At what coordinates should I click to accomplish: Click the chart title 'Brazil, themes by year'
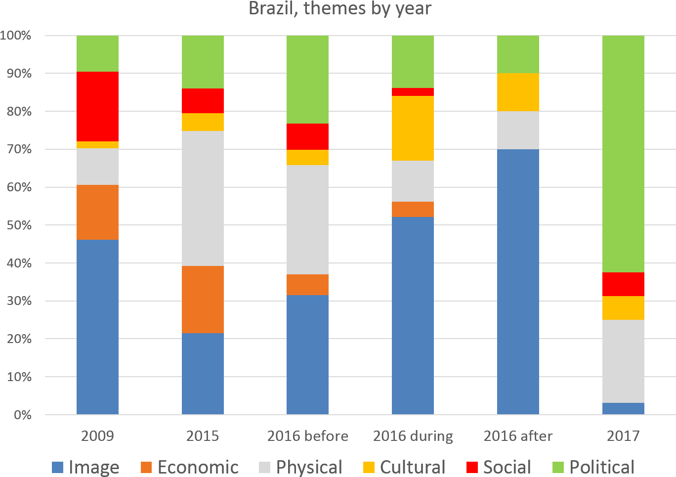[x=340, y=8]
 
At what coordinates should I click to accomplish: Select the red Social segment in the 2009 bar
[x=97, y=106]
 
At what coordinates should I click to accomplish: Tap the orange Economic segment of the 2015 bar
[x=203, y=299]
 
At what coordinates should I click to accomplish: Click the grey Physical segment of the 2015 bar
[x=203, y=198]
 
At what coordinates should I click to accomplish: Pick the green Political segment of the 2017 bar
[x=623, y=154]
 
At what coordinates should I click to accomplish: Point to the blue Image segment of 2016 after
[x=518, y=282]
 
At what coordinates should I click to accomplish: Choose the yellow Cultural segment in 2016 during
[x=413, y=128]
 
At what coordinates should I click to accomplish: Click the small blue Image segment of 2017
[x=623, y=409]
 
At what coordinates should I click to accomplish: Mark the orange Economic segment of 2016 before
[x=307, y=285]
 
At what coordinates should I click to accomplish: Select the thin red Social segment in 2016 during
[x=413, y=92]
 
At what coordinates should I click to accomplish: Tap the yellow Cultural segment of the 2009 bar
[x=97, y=145]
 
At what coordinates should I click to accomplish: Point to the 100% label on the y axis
[x=16, y=36]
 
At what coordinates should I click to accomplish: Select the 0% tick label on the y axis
[x=22, y=415]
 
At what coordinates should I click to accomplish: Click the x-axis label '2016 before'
[x=307, y=436]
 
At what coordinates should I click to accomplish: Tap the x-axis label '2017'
[x=623, y=436]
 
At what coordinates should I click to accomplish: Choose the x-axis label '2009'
[x=97, y=436]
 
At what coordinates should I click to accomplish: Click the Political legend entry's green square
[x=558, y=467]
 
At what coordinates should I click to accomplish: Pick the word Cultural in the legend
[x=413, y=467]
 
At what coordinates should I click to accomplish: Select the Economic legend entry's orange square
[x=146, y=467]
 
